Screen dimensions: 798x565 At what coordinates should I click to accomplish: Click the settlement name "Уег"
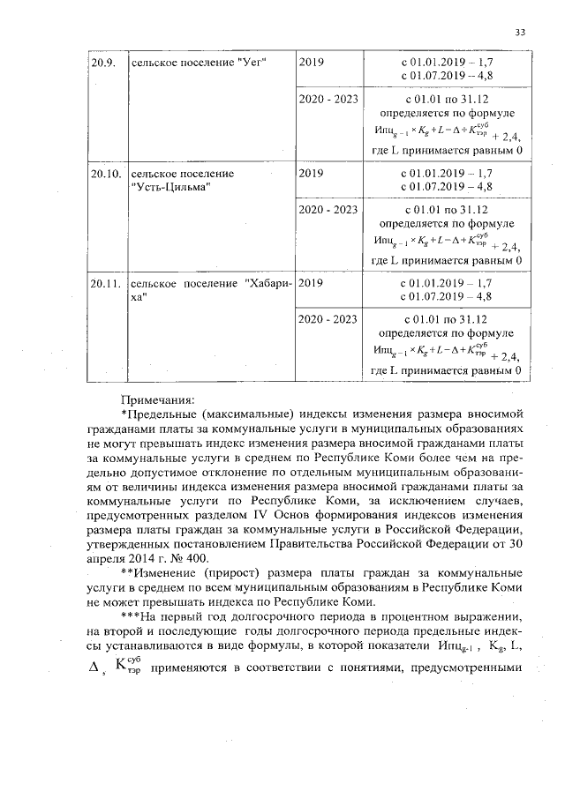click(251, 63)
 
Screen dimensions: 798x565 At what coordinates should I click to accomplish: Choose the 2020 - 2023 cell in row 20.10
click(328, 210)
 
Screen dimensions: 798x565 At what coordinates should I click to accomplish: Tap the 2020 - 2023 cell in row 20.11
click(328, 319)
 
